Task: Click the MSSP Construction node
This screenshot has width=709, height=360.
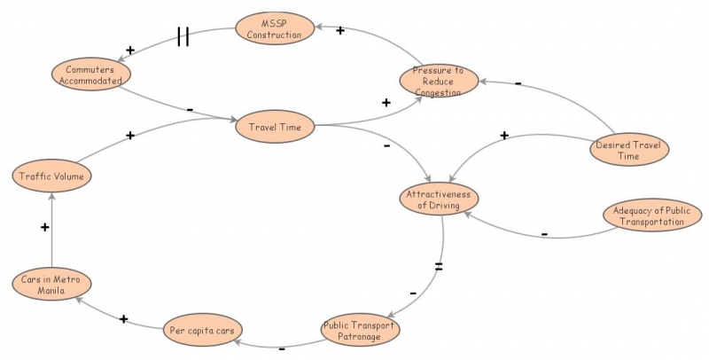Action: pos(274,27)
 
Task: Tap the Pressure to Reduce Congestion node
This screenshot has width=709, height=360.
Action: pos(438,81)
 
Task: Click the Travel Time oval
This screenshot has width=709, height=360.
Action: pos(276,127)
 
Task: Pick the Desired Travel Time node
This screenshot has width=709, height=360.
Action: pos(628,150)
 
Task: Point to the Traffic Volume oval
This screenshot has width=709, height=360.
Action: pos(51,176)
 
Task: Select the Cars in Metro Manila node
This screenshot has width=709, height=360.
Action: pos(51,284)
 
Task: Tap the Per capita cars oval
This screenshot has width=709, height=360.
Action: pos(205,332)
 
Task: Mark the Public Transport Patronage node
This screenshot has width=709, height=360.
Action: pos(360,331)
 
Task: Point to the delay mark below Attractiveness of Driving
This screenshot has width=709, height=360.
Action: pos(438,266)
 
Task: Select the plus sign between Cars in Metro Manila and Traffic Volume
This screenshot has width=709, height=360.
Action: pos(44,228)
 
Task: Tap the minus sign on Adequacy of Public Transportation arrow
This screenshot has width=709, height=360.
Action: pos(544,233)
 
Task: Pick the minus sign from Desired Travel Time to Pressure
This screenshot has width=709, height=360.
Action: pos(518,84)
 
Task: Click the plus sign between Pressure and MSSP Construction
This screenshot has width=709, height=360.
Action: pos(339,31)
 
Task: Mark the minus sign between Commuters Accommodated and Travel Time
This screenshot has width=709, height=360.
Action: pos(190,109)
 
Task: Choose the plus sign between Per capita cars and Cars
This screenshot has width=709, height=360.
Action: pos(123,318)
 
